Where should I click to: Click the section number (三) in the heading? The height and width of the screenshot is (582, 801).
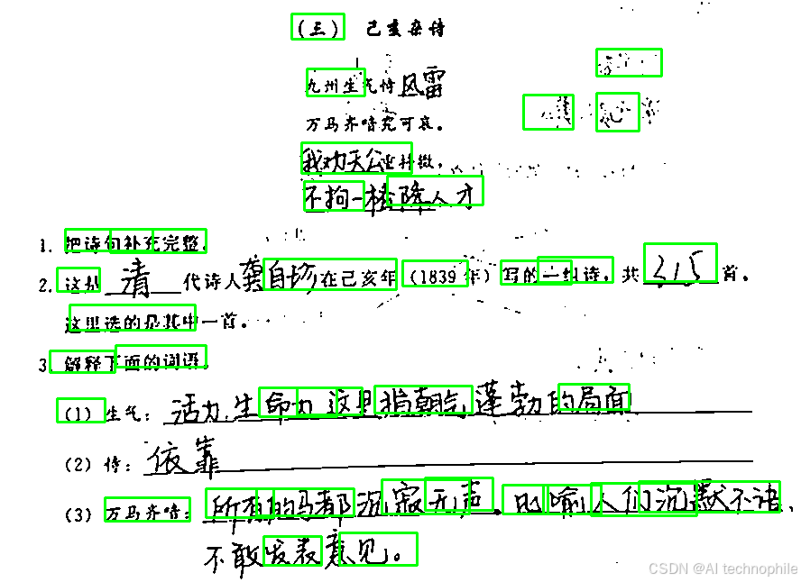(x=318, y=28)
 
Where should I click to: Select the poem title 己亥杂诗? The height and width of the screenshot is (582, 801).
(x=405, y=29)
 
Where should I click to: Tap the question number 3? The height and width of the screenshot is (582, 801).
(x=42, y=365)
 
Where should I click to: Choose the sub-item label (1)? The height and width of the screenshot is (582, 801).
(x=79, y=414)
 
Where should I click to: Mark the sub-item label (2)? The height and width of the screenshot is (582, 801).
(x=79, y=465)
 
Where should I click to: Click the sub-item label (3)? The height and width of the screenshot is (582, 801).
(x=79, y=515)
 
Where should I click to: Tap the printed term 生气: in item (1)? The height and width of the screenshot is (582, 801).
(x=126, y=414)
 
